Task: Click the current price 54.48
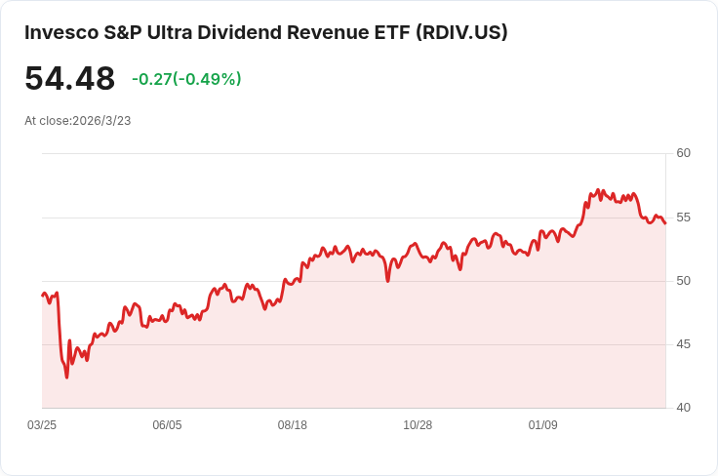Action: (69, 79)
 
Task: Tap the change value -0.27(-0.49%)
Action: (186, 79)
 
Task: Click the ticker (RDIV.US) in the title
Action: (461, 32)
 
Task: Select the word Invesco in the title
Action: (60, 32)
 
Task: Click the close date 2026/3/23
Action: (101, 121)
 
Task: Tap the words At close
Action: (47, 121)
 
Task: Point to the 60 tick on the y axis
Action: (683, 153)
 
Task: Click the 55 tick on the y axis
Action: (683, 217)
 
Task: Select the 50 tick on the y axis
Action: (683, 281)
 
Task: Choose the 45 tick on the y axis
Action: (683, 344)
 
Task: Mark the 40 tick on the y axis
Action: (683, 408)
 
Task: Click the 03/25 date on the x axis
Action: (42, 425)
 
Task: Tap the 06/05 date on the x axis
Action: (167, 425)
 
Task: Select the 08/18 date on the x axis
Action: (293, 425)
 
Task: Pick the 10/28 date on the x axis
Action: (418, 425)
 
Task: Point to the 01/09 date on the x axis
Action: (542, 425)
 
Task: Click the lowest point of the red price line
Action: (66, 377)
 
